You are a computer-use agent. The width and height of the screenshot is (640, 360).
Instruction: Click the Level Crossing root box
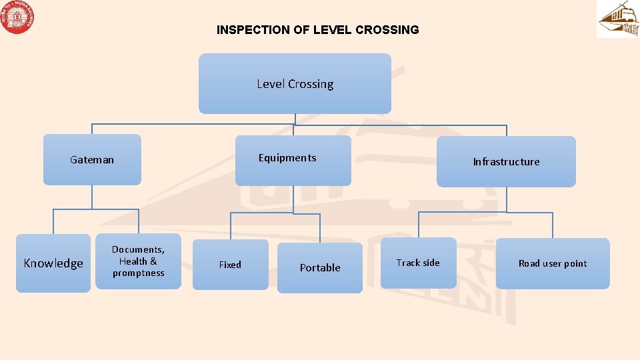(295, 84)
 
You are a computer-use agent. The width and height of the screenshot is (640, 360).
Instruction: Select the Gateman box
(92, 160)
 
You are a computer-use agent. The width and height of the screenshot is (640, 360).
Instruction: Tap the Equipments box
(293, 160)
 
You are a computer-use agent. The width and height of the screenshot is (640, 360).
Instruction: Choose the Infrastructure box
(506, 162)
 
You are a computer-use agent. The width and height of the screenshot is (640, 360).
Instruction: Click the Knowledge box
(53, 263)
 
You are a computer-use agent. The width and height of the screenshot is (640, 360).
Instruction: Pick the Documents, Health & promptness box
(138, 261)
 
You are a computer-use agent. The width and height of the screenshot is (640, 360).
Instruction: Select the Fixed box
(230, 265)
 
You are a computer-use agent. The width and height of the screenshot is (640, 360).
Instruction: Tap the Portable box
(320, 268)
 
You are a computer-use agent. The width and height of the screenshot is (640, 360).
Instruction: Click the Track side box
(418, 263)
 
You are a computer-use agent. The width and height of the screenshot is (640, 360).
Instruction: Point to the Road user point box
(553, 263)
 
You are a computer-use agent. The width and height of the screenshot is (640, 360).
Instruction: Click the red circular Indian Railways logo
(18, 18)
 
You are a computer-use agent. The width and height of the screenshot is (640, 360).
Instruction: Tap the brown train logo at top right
(617, 19)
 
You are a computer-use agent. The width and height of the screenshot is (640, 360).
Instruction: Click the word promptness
(138, 273)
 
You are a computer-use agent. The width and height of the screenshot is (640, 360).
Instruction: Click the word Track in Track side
(408, 263)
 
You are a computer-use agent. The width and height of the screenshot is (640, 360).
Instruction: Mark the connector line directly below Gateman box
(92, 197)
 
